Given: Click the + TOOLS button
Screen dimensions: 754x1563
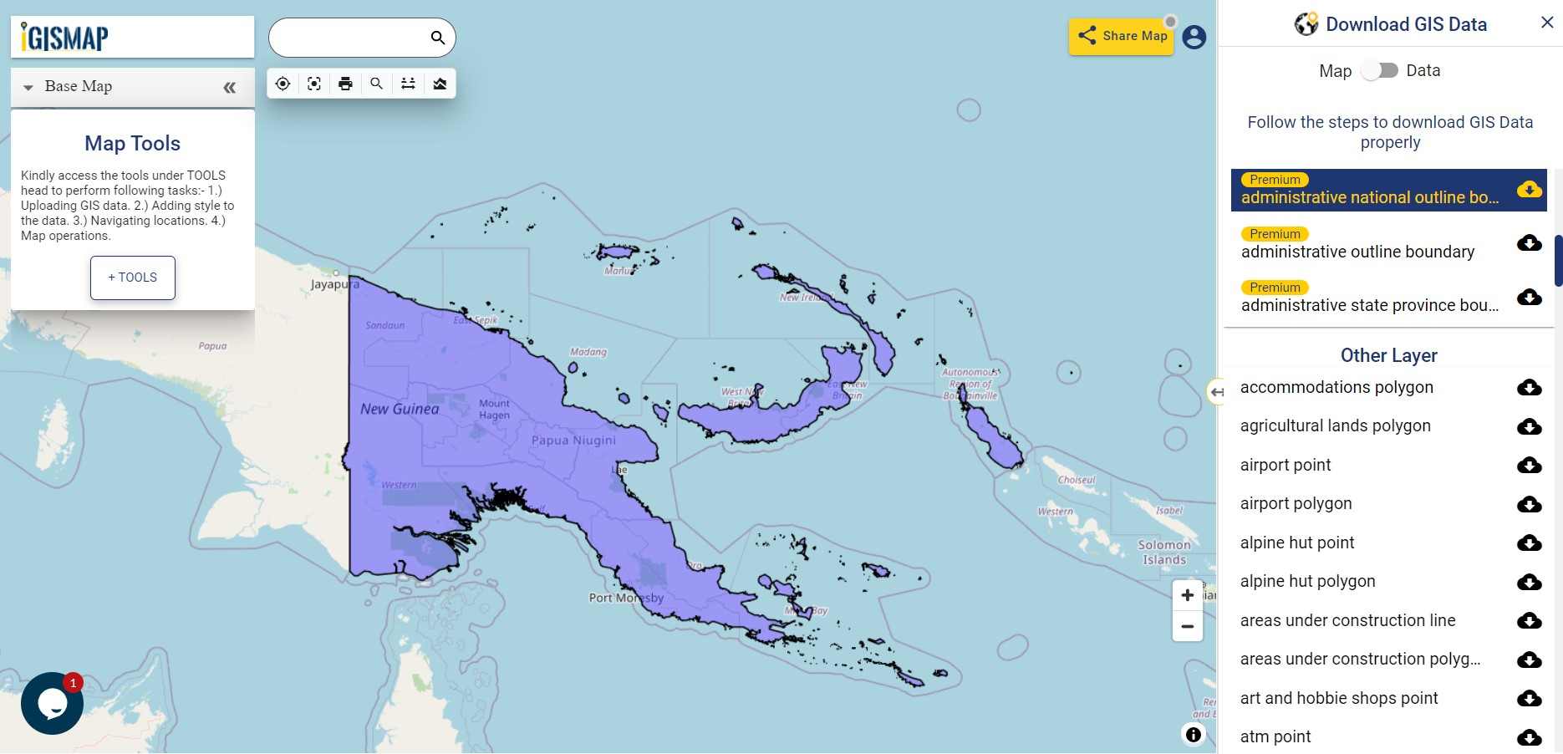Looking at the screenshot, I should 133,278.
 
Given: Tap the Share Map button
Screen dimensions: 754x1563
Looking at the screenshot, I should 1122,36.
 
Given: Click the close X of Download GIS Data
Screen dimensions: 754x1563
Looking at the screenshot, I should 1547,23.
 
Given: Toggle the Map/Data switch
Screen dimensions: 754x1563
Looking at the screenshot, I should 1380,71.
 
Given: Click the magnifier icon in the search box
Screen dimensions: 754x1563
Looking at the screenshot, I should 438,38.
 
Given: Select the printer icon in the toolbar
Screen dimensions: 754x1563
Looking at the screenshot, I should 345,84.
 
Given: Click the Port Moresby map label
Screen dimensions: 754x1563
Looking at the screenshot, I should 626,598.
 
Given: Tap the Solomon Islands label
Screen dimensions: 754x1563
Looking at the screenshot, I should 1164,553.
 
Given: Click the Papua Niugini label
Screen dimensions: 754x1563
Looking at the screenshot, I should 573,441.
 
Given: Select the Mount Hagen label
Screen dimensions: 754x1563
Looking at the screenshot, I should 494,410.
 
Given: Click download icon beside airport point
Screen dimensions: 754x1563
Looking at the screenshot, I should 1530,466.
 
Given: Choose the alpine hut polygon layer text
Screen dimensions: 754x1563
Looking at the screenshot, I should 1307,582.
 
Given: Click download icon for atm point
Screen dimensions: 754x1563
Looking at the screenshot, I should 1530,737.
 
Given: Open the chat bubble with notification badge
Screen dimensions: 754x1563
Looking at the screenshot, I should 52,704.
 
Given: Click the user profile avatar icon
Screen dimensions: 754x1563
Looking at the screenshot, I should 1194,37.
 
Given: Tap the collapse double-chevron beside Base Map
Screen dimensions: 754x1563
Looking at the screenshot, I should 230,87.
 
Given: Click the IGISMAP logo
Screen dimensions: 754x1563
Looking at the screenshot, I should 65,38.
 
